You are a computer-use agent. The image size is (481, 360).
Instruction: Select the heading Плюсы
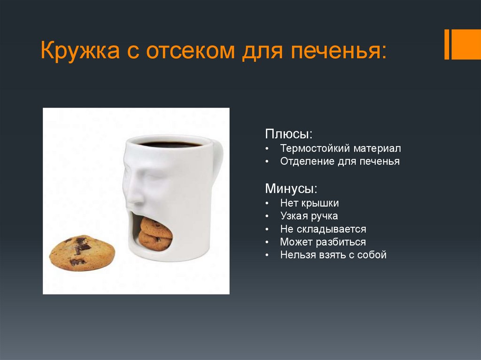pyautogui.click(x=288, y=134)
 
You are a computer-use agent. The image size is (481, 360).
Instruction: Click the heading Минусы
pyautogui.click(x=291, y=189)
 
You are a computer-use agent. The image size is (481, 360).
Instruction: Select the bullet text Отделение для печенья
pyautogui.click(x=340, y=161)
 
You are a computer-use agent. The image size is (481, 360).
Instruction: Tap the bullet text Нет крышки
pyautogui.click(x=309, y=203)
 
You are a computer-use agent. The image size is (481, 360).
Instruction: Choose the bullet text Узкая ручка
pyautogui.click(x=309, y=216)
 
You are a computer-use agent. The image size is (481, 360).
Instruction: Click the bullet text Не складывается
pyautogui.click(x=323, y=230)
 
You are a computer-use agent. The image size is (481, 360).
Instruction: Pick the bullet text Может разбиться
pyautogui.click(x=323, y=242)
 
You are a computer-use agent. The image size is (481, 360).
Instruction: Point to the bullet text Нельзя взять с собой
pyautogui.click(x=333, y=255)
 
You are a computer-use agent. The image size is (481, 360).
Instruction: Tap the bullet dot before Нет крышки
pyautogui.click(x=267, y=204)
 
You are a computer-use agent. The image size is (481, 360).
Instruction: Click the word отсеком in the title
pyautogui.click(x=190, y=50)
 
